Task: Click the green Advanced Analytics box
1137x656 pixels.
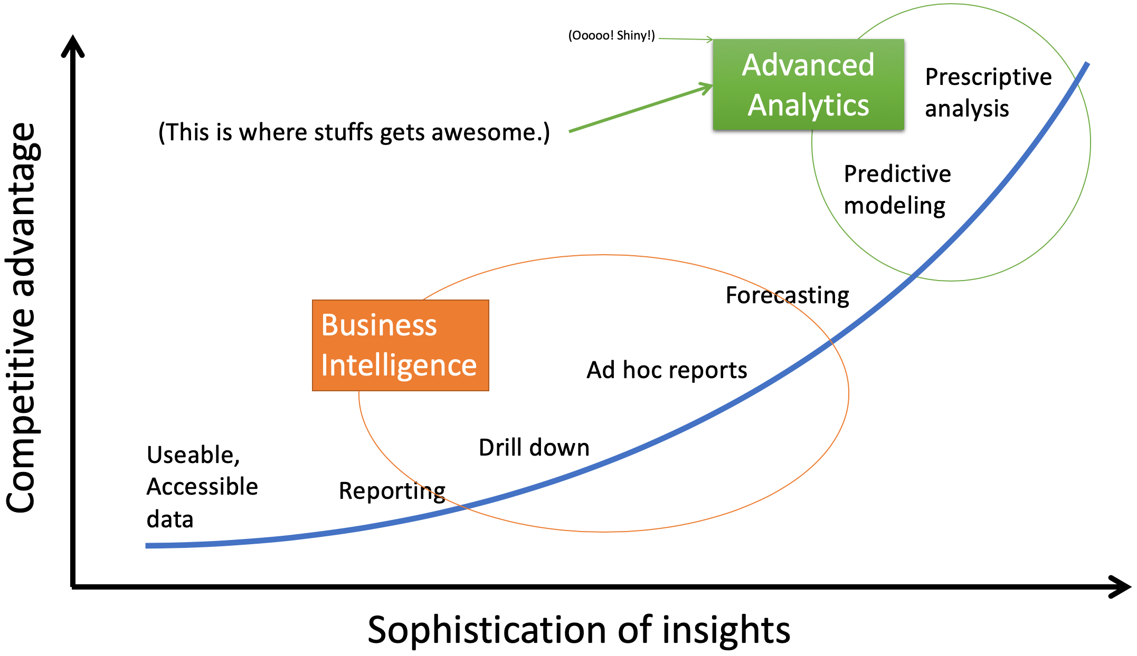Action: (x=808, y=84)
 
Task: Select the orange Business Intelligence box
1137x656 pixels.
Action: (x=401, y=345)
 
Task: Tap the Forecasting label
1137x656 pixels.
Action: (x=788, y=296)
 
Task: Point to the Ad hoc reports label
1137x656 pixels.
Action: (x=667, y=370)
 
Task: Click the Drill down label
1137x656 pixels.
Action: (x=534, y=448)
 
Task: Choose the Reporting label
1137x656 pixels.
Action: (x=392, y=491)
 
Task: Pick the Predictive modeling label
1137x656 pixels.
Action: (x=897, y=190)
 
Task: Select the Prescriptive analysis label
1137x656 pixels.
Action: (x=988, y=93)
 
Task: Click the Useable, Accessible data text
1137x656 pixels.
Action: (x=202, y=487)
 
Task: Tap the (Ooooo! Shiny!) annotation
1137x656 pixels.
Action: (x=611, y=35)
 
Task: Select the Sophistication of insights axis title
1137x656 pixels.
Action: (x=579, y=630)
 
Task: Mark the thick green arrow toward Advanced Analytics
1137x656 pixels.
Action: (x=641, y=108)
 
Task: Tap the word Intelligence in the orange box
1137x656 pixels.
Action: (x=399, y=365)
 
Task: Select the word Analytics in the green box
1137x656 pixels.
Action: (x=808, y=105)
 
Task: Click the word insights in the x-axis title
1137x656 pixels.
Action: (x=726, y=630)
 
